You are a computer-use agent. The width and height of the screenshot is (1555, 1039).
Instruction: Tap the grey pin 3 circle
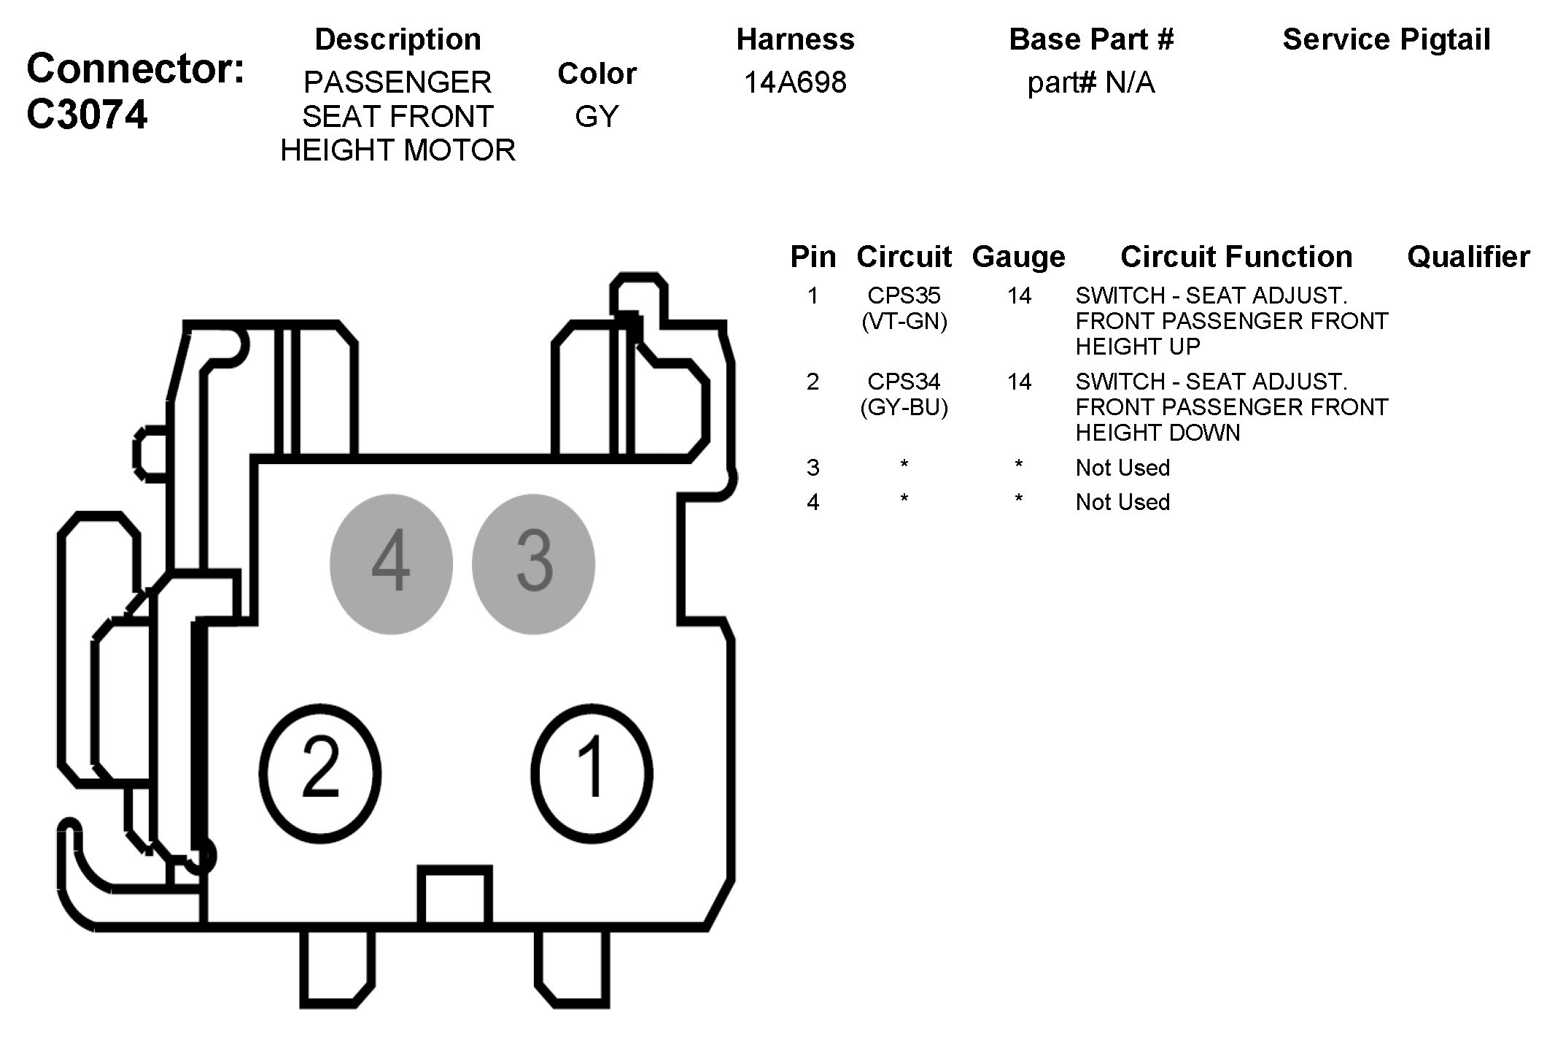click(533, 564)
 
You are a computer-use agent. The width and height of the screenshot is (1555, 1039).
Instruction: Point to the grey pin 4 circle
click(391, 564)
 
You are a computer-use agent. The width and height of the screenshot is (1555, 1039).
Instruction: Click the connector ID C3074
click(87, 115)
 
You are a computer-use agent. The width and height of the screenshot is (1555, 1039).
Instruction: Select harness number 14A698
click(795, 82)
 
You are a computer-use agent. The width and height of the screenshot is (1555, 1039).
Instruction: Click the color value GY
click(597, 117)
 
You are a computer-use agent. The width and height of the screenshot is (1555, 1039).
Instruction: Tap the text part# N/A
click(1091, 82)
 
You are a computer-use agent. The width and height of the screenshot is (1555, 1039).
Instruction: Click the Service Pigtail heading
click(1386, 39)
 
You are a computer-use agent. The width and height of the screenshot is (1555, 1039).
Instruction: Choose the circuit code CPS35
click(904, 296)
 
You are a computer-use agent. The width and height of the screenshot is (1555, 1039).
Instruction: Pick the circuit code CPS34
click(904, 382)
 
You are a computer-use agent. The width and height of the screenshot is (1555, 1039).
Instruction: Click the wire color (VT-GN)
click(904, 321)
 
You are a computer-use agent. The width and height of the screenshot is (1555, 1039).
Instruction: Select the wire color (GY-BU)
click(904, 407)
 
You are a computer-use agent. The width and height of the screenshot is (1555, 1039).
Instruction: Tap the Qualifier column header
click(1468, 257)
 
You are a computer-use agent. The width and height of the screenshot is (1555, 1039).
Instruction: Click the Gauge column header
click(1018, 257)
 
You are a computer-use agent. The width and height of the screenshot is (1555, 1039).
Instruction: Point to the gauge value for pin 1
click(1019, 296)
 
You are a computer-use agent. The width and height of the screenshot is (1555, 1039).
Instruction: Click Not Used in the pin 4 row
click(1122, 502)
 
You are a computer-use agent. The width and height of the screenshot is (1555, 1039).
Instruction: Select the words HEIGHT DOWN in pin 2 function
click(1157, 433)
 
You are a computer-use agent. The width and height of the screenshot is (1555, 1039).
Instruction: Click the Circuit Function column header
click(1236, 257)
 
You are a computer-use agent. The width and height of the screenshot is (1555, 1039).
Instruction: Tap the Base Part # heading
click(1091, 39)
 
